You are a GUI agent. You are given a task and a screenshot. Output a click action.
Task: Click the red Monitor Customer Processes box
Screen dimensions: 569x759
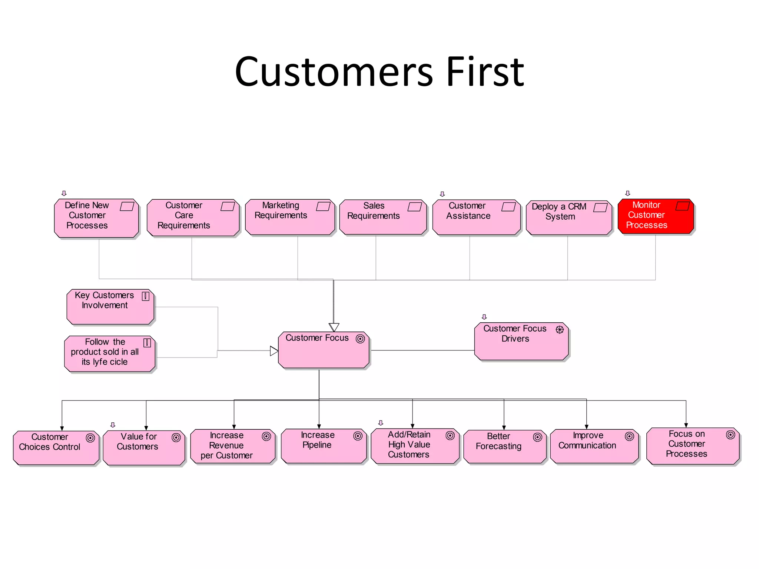[x=655, y=217]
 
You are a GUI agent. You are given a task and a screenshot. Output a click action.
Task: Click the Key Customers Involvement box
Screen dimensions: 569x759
[x=110, y=307]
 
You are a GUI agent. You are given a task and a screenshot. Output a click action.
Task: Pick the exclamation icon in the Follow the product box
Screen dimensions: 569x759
[x=147, y=343]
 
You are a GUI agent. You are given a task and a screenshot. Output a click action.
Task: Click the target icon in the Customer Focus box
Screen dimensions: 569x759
[x=360, y=339]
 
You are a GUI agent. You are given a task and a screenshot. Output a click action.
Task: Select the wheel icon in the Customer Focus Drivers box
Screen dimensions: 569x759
[x=560, y=329]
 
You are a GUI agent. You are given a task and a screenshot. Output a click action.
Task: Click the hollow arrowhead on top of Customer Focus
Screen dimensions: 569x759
[x=334, y=327]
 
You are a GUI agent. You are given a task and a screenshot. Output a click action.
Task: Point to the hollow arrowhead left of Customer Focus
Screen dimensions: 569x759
[x=274, y=351]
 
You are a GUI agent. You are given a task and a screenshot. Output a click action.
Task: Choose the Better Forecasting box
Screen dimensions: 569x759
[x=504, y=446]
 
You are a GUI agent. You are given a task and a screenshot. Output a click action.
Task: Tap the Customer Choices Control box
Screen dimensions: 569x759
[x=56, y=447]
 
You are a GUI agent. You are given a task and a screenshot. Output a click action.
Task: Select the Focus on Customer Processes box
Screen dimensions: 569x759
[x=692, y=446]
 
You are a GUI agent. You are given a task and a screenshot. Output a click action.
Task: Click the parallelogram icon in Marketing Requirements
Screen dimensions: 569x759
[x=323, y=206]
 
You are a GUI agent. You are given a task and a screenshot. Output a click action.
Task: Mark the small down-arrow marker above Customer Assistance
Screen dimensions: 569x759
[x=442, y=194]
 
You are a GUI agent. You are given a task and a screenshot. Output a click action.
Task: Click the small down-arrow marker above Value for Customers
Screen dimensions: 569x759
[x=113, y=425]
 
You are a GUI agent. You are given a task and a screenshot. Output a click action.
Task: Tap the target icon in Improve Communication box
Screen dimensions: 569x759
[x=629, y=437]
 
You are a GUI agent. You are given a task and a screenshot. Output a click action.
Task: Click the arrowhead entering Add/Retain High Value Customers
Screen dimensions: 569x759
[x=412, y=426]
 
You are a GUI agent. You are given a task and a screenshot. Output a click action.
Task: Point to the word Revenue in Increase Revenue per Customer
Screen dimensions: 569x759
[x=226, y=445]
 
